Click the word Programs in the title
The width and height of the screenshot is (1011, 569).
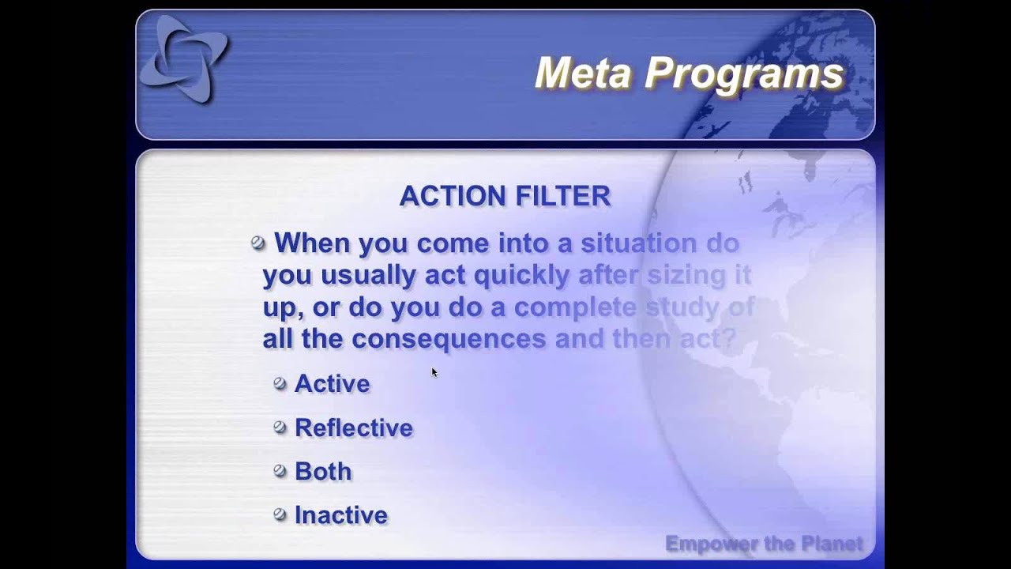(744, 73)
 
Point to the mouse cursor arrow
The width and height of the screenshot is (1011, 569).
(434, 371)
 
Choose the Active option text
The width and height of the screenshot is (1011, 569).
(332, 384)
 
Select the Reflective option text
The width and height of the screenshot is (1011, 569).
(353, 428)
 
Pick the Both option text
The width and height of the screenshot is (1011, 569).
(322, 472)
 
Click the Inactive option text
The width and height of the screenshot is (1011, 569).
(340, 515)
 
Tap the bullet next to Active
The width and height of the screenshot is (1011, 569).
(280, 383)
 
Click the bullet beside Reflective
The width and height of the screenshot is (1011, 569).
(280, 427)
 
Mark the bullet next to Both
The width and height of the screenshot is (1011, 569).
(280, 471)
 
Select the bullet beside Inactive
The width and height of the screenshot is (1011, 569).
(280, 514)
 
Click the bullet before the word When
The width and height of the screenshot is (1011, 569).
(258, 243)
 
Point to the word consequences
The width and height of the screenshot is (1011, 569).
(449, 339)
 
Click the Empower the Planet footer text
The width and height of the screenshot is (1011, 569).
(764, 544)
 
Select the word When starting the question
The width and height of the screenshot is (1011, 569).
(312, 243)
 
